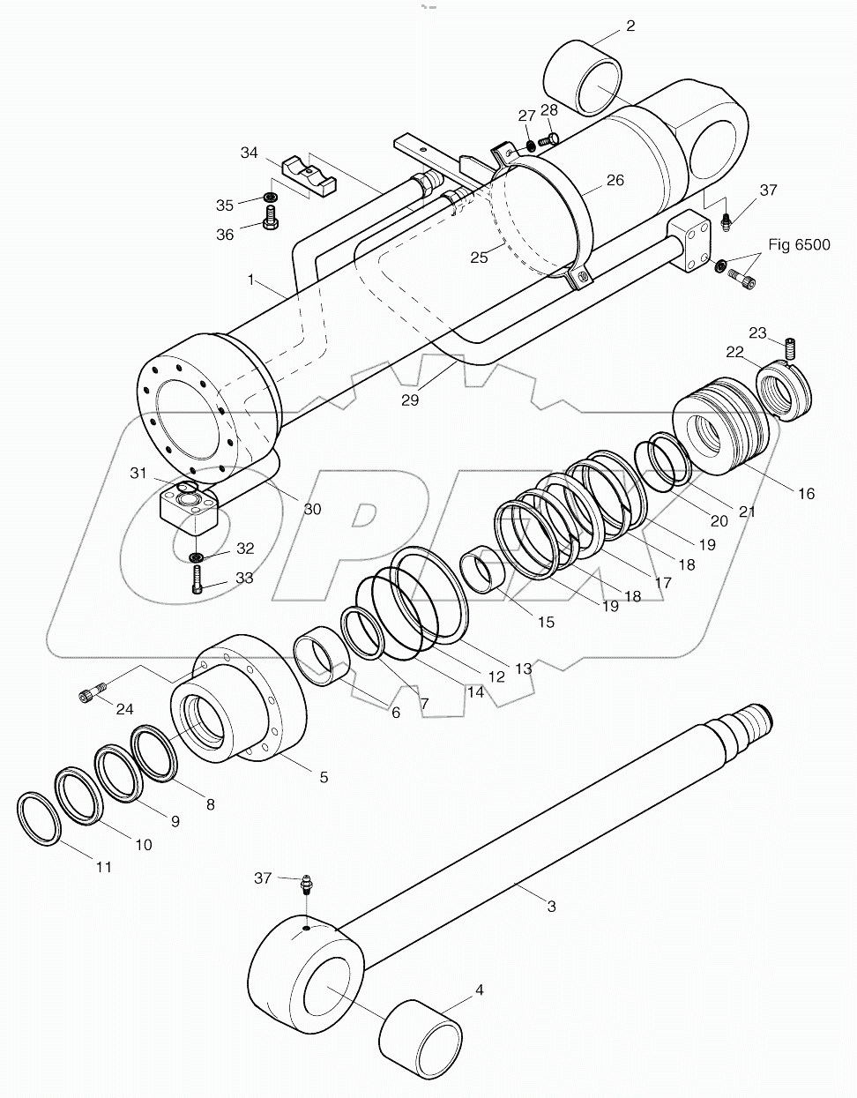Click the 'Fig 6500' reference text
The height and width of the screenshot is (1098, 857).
pos(799,244)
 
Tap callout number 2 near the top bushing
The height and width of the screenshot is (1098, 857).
pos(630,26)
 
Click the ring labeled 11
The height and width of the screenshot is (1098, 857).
pos(39,819)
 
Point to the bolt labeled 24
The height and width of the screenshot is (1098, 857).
pos(92,694)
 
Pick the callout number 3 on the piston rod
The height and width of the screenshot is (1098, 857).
pos(551,906)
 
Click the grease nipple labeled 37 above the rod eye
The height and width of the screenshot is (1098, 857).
pos(307,883)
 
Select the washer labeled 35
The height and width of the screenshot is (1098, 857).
pos(270,197)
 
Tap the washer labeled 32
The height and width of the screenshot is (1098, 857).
pos(196,556)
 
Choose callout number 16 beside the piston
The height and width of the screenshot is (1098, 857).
pos(807,494)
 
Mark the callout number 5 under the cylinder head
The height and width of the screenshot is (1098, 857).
pos(324,777)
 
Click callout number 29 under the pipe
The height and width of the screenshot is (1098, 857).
pos(409,399)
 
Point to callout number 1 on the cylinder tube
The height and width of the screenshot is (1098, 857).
pos(251,280)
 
